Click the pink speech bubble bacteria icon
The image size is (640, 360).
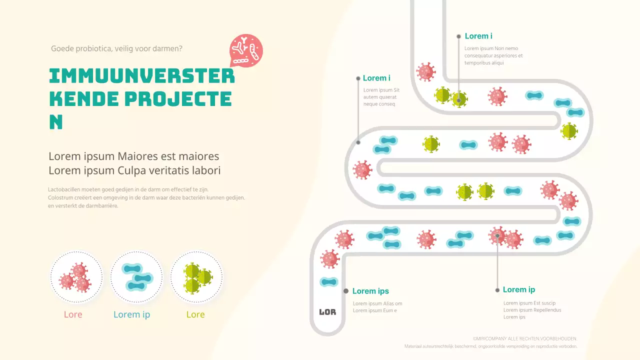tap(246, 50)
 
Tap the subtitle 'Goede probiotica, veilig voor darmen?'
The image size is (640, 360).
tap(116, 48)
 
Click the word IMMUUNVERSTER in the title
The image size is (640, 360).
tap(142, 76)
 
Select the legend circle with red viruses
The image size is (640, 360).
tap(76, 277)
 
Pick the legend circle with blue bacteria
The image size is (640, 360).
tap(136, 277)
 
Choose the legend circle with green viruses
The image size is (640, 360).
tap(196, 277)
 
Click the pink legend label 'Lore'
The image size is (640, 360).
tap(73, 314)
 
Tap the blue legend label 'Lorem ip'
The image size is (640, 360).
tap(131, 314)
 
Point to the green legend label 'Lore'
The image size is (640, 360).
tap(195, 314)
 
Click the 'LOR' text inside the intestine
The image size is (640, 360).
tap(327, 312)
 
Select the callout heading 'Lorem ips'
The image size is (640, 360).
tap(370, 291)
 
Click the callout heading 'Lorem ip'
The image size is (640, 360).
tap(519, 289)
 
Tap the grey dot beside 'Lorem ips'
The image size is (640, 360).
tap(345, 291)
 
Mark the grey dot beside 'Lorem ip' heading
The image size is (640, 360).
tap(497, 290)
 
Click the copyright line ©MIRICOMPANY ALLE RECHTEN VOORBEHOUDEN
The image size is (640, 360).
tap(524, 338)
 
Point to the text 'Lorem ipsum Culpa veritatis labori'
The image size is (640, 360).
tap(134, 170)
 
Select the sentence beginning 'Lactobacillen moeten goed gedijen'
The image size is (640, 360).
tap(128, 189)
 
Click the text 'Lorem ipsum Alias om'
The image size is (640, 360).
tap(377, 303)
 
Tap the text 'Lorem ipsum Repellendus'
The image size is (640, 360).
tap(532, 310)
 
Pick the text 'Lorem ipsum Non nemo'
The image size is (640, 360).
tap(491, 48)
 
